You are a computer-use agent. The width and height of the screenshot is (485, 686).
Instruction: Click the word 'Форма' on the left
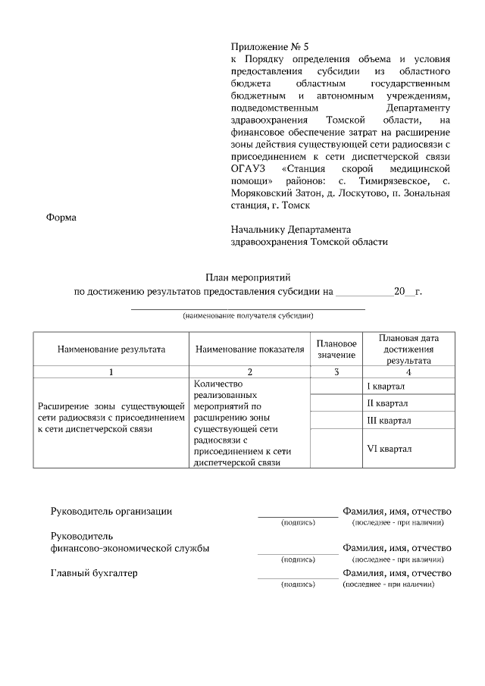pos(61,218)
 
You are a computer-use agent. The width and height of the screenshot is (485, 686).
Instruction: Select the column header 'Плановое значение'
pos(336,349)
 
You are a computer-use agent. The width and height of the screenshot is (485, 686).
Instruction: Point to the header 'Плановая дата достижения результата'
pos(409,349)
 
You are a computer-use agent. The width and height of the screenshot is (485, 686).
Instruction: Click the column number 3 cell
pos(336,371)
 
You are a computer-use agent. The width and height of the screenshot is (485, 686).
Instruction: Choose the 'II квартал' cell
pos(388,403)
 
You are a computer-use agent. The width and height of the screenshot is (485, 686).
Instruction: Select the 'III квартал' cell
pos(389,420)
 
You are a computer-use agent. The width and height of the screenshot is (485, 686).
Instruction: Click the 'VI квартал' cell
pos(389,449)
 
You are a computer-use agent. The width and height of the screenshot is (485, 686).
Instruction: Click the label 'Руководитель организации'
pos(111,511)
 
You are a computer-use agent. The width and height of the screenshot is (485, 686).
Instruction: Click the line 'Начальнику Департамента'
pos(291,230)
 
